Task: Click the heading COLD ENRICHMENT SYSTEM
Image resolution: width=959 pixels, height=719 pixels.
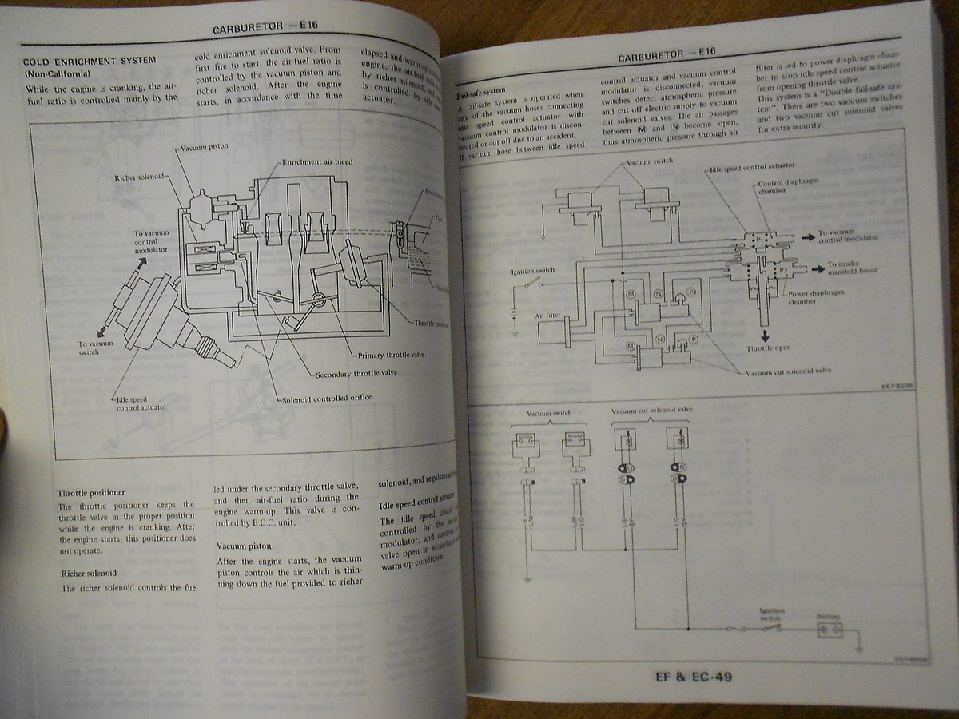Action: pyautogui.click(x=90, y=61)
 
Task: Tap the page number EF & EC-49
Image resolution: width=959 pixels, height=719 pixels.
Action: pyautogui.click(x=692, y=677)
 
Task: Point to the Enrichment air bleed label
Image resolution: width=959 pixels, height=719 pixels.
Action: pyautogui.click(x=316, y=161)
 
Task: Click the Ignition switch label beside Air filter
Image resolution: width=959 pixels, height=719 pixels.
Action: pyautogui.click(x=532, y=272)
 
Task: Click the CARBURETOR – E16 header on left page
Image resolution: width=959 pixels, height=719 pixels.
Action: pyautogui.click(x=265, y=27)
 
